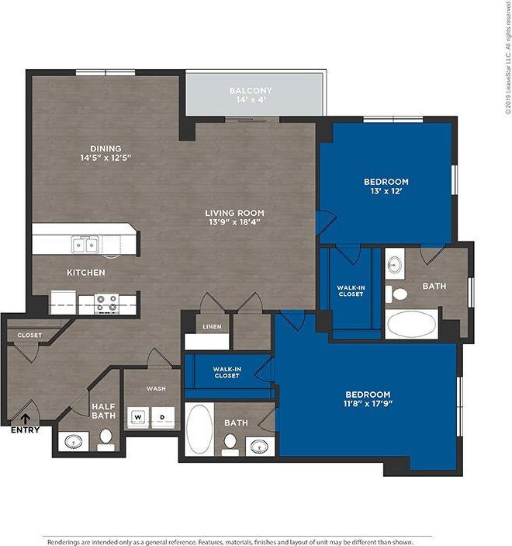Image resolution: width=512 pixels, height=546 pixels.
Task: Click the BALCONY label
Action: tap(251, 91)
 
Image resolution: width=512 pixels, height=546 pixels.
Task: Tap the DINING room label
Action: tap(106, 148)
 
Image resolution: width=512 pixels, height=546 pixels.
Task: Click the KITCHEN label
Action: tap(85, 273)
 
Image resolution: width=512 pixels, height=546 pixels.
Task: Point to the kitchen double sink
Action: tap(85, 245)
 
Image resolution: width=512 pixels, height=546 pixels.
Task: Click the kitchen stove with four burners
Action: tap(106, 302)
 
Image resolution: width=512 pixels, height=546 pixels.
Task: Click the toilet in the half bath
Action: tap(106, 440)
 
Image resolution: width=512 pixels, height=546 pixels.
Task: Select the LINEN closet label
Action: tap(212, 327)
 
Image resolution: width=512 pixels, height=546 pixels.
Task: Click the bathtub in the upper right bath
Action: tap(412, 323)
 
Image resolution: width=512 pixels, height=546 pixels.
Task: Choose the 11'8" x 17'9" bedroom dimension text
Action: tap(368, 405)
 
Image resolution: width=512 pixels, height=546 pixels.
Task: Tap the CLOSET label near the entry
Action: tap(29, 335)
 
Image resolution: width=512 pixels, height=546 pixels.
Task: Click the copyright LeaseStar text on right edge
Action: tap(505, 59)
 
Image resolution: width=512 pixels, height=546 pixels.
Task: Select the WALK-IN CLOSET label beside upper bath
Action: tap(351, 290)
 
